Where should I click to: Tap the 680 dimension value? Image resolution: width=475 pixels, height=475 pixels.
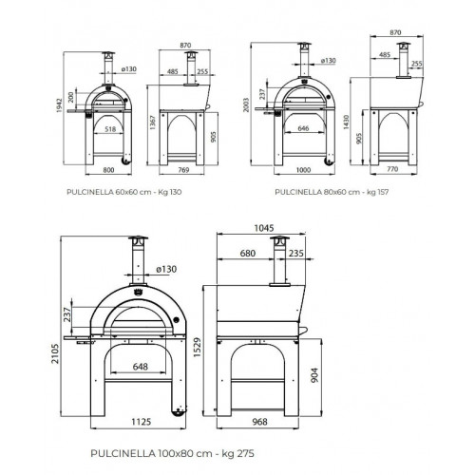(x=247, y=254)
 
